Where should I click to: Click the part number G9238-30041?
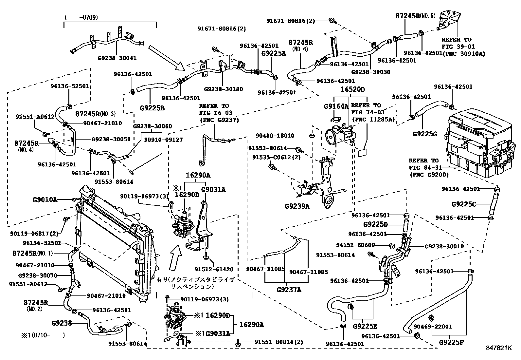coord(117,58)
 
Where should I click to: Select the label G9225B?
coord(152,108)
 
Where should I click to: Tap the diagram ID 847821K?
coord(499,348)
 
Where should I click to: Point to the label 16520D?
coord(352,89)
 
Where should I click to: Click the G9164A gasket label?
coord(336,106)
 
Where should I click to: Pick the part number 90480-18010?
coord(275,136)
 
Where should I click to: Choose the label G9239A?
coord(297,206)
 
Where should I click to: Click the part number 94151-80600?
coord(355,245)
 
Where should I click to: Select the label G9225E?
coord(365,327)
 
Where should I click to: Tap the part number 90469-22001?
coord(433,327)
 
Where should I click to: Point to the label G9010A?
coord(45,200)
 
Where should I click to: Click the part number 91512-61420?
coord(214,269)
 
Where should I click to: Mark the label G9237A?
coord(289,290)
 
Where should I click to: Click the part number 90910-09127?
coord(163,140)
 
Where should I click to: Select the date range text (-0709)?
coord(81,17)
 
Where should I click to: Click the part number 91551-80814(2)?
coord(278,342)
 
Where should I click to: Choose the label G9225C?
coord(463,204)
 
